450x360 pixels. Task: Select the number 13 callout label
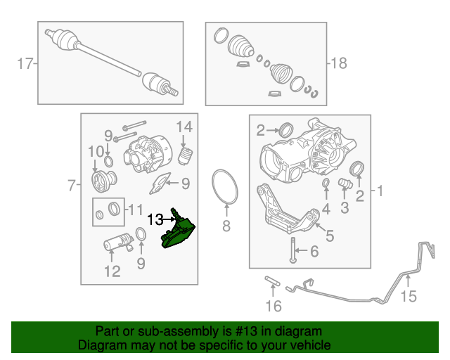coord(155,219)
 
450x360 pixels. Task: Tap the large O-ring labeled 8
coord(224,186)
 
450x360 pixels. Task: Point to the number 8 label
coord(226,226)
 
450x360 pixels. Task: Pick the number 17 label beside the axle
coord(25,65)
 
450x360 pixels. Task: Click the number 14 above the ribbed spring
coord(184,127)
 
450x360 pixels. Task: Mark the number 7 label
coord(71,186)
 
